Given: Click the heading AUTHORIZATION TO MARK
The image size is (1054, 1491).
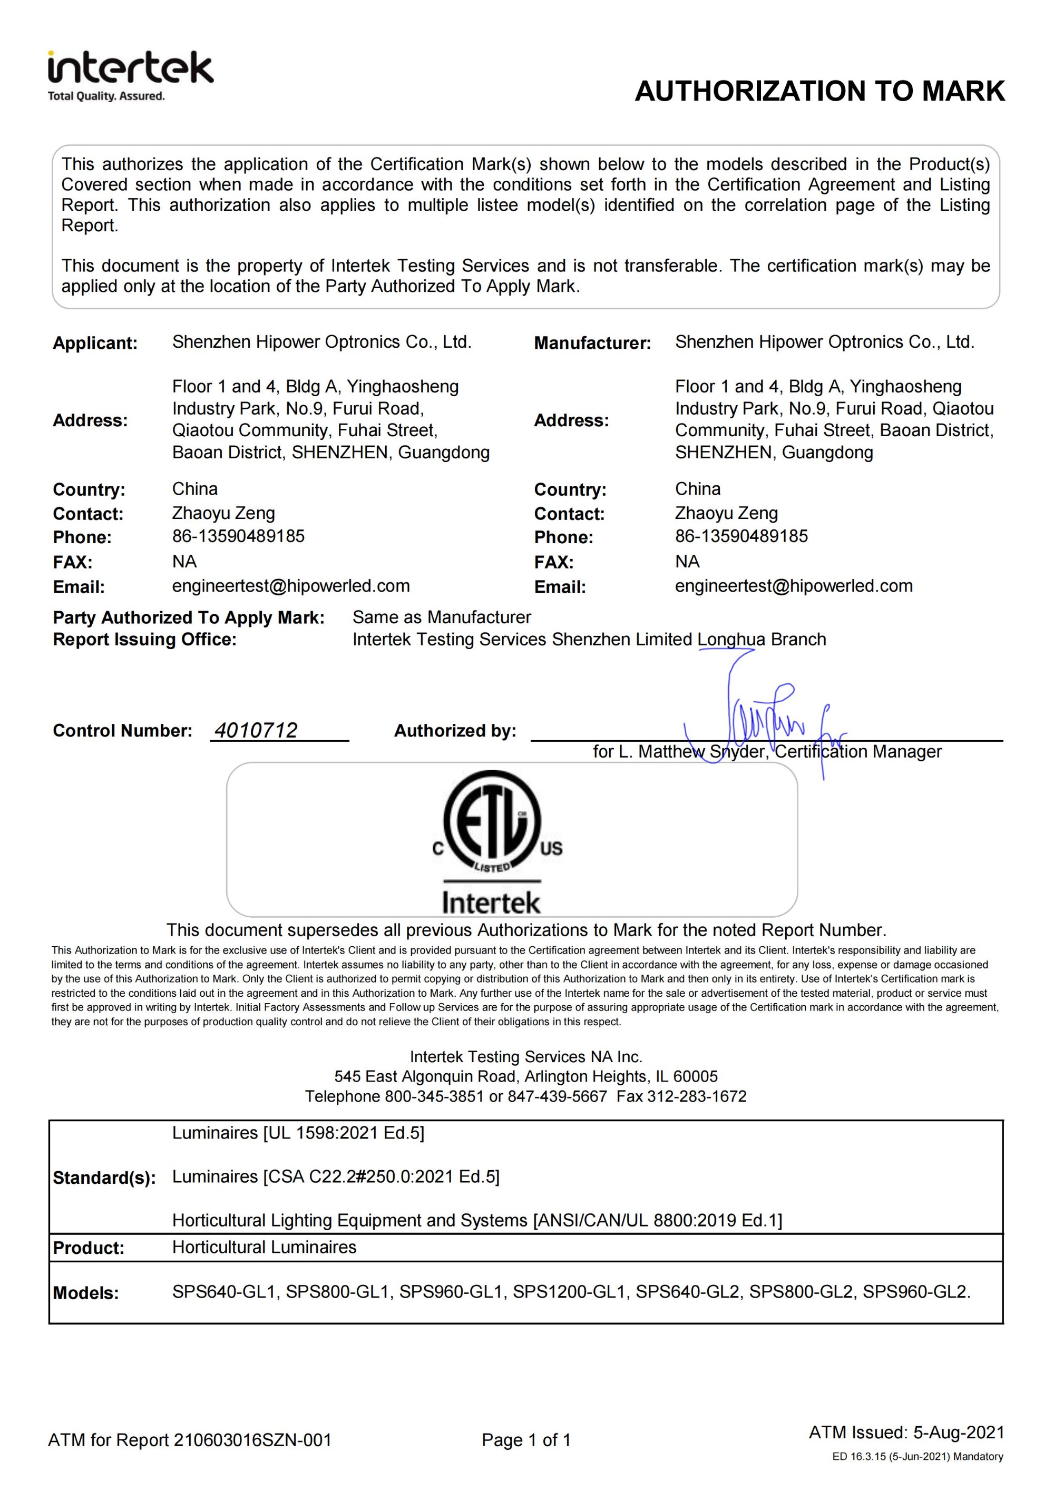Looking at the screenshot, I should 819,91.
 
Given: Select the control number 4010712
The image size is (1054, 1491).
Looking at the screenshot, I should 256,731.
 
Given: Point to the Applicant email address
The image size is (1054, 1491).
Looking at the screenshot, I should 291,586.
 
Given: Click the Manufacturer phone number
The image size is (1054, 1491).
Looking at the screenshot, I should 741,536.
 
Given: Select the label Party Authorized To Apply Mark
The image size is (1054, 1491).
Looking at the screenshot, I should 188,617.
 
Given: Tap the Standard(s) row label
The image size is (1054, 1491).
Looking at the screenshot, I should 104,1178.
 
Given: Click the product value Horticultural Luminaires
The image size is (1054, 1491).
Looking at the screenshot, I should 265,1248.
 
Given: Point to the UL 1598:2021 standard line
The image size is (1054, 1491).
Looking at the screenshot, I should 298,1133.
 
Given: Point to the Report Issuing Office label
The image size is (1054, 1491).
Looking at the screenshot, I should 145,640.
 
